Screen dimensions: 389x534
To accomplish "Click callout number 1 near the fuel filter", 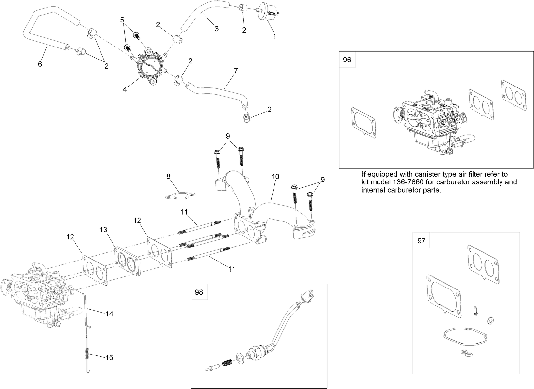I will coord(274,36).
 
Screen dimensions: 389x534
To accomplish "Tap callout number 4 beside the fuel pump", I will coord(125,89).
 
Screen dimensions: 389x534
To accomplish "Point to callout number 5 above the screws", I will coord(122,20).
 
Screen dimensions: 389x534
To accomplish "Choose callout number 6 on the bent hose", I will coord(40,64).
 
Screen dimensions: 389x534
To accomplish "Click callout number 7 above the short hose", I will coord(236,70).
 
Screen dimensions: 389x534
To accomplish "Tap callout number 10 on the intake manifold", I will coord(275,177).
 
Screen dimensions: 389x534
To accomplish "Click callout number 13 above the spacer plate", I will coord(103,230).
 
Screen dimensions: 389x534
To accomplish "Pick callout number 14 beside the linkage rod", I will coord(109,314).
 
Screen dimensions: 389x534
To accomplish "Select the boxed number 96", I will coord(347,60).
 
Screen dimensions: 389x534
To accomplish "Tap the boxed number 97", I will coord(421,240).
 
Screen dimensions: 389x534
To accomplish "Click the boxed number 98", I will coord(199,292).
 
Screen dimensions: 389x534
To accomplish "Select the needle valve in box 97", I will coord(474,311).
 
